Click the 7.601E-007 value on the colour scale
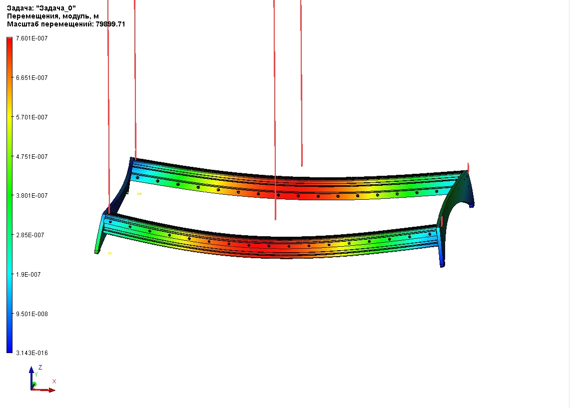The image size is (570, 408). coord(31,38)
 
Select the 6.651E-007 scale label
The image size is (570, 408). coord(31,78)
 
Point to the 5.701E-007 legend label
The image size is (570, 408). coord(31,117)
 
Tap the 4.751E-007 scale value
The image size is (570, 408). coord(31,157)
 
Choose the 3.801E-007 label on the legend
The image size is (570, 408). coord(31,196)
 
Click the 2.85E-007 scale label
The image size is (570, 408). coord(30,235)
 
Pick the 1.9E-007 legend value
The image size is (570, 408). coord(28,275)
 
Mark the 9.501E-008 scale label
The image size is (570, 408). coord(31,314)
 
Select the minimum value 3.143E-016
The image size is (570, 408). coord(31,353)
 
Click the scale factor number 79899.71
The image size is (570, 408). coord(110,24)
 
